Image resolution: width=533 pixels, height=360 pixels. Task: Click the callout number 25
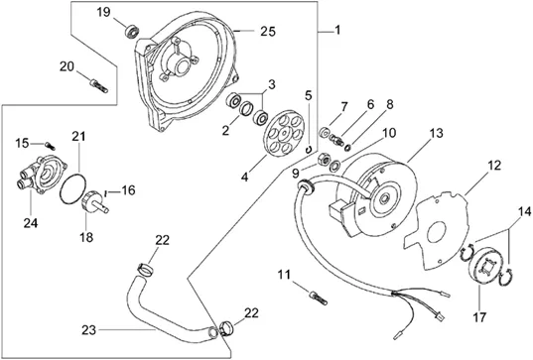click(268, 32)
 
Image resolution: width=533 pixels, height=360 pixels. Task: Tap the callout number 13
click(436, 133)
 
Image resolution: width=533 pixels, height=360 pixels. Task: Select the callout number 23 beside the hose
click(88, 330)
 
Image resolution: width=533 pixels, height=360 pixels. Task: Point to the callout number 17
click(479, 317)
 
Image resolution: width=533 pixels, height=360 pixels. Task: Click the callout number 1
click(337, 30)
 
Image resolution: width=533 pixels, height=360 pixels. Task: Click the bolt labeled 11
click(319, 299)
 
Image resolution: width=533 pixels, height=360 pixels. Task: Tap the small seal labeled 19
click(133, 31)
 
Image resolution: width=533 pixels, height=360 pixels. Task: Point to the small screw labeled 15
click(50, 146)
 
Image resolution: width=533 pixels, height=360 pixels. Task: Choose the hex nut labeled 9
click(323, 159)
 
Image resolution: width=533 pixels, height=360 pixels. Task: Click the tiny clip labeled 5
click(309, 150)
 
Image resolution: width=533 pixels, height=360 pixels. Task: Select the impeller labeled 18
click(93, 202)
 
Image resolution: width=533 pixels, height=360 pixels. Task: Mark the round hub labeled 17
click(483, 266)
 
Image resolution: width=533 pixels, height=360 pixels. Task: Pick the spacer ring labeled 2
click(247, 109)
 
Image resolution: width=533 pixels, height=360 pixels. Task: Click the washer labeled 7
click(325, 132)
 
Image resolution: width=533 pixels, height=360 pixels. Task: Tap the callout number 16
click(128, 190)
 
